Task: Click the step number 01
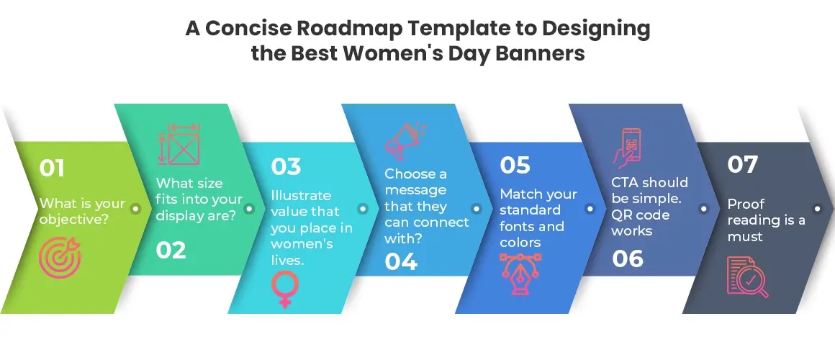click(52, 168)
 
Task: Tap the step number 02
click(171, 250)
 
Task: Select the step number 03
click(286, 166)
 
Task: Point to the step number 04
click(401, 261)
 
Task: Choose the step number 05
click(515, 165)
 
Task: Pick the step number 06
click(628, 258)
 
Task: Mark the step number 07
click(742, 165)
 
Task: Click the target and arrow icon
click(60, 258)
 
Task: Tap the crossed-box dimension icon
click(179, 144)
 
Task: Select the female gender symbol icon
click(286, 289)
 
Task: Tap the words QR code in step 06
click(641, 215)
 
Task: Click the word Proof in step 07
click(746, 204)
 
